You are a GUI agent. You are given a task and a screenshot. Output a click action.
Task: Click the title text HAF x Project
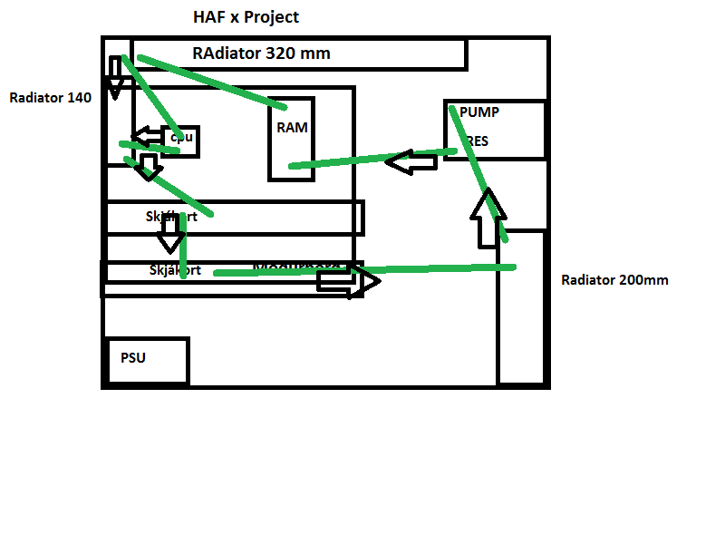pos(246,17)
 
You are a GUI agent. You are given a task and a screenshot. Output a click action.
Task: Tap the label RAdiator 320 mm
pos(261,53)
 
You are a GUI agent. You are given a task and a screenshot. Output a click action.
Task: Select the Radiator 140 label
pos(50,98)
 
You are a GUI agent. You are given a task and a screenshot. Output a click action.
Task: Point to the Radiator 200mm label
pos(614,280)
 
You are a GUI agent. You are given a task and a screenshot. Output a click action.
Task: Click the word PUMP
pos(479,112)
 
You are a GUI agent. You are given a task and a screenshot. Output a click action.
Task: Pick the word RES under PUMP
pos(478,141)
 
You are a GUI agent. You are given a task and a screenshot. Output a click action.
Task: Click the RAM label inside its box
pos(292,128)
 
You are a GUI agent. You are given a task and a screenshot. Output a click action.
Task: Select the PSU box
pos(147,361)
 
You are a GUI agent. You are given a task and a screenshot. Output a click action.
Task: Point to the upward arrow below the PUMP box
pos(488,218)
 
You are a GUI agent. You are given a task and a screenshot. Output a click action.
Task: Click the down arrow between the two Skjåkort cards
pos(169,238)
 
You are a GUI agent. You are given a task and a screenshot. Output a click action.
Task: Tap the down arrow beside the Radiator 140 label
pos(115,78)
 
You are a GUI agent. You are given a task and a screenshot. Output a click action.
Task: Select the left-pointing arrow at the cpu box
pos(147,137)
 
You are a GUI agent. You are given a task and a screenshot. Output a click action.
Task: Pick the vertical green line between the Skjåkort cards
pos(183,245)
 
